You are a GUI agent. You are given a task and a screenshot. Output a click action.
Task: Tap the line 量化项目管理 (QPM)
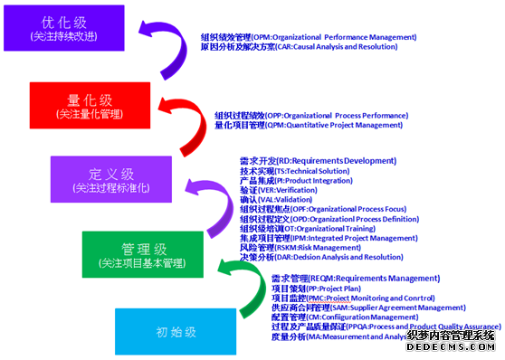click(308, 126)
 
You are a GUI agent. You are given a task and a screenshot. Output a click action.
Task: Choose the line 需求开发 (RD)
click(318, 160)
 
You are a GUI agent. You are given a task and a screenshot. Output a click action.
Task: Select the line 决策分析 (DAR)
click(321, 257)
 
